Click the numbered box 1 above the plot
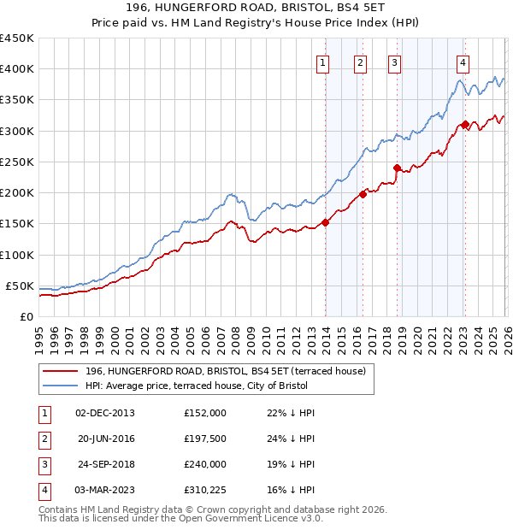324,62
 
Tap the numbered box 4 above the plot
462,62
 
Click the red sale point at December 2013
326,223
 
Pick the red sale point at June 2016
363,194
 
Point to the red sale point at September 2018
398,168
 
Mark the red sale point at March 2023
464,124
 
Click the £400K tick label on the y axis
16,69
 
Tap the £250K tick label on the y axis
16,162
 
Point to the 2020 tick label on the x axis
417,337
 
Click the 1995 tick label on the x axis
39,337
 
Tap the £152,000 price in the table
204,413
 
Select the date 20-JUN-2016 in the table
105,439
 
